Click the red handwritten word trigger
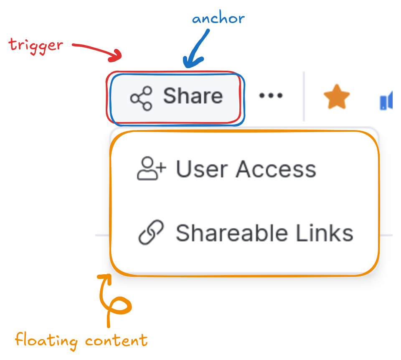(36, 44)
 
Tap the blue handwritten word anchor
(218, 19)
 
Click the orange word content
(117, 340)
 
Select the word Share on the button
(193, 96)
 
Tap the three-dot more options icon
(271, 96)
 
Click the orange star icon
(337, 97)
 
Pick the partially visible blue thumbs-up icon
(386, 102)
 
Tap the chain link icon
(151, 233)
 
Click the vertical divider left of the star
(304, 96)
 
